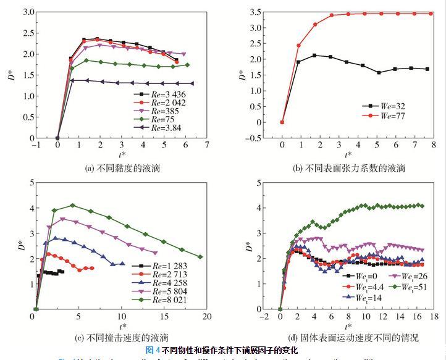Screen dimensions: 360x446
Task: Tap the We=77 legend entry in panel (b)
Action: click(x=383, y=115)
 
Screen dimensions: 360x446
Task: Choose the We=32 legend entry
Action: click(x=383, y=106)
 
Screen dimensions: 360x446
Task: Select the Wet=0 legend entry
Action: click(x=362, y=277)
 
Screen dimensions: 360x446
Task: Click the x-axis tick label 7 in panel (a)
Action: click(x=206, y=146)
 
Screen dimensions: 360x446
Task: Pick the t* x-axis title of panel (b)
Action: click(x=349, y=155)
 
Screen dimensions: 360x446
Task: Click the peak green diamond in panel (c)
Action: click(x=72, y=205)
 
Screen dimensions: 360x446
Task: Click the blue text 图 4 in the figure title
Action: click(x=153, y=350)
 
